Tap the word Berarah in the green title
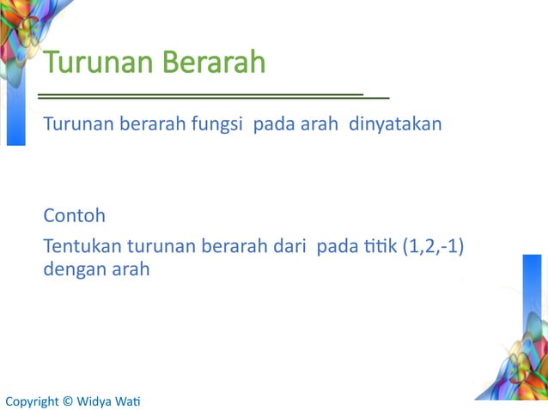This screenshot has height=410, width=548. click(210, 63)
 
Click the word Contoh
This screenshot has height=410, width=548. click(74, 214)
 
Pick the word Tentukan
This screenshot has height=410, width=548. click(82, 248)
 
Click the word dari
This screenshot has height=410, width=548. click(291, 248)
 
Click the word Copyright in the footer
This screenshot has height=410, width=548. click(32, 401)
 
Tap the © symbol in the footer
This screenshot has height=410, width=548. click(68, 401)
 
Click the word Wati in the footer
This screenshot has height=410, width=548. click(130, 401)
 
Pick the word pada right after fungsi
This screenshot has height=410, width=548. click(273, 125)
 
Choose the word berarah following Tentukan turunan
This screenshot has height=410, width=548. click(231, 248)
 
